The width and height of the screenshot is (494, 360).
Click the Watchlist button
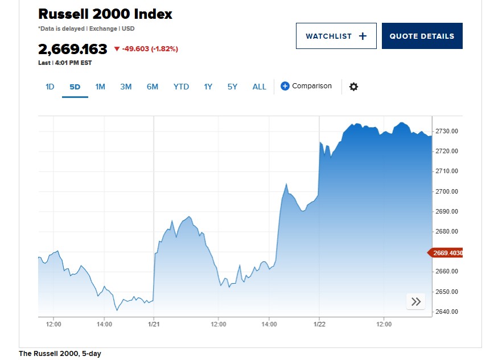336,36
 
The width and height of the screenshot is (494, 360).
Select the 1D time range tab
50,87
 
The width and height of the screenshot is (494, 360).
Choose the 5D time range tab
75,87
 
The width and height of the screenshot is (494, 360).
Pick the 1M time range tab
100,87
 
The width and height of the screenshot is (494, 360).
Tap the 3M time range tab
126,87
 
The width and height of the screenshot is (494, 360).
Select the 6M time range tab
152,87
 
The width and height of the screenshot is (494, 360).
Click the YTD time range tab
181,87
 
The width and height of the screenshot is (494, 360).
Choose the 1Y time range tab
208,87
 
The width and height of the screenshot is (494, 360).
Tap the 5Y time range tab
232,87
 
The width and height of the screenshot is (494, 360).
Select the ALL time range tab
259,87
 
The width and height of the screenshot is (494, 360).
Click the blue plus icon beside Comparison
285,87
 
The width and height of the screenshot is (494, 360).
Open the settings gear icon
353,87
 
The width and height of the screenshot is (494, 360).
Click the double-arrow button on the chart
416,302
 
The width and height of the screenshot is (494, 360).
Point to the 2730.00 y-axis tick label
446,131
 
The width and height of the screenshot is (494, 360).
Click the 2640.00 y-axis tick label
446,312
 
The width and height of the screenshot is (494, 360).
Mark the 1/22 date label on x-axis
319,324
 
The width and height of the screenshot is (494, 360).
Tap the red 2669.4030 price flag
446,253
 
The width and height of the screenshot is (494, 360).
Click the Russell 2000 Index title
105,14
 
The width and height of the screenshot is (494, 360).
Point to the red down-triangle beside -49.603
117,49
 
